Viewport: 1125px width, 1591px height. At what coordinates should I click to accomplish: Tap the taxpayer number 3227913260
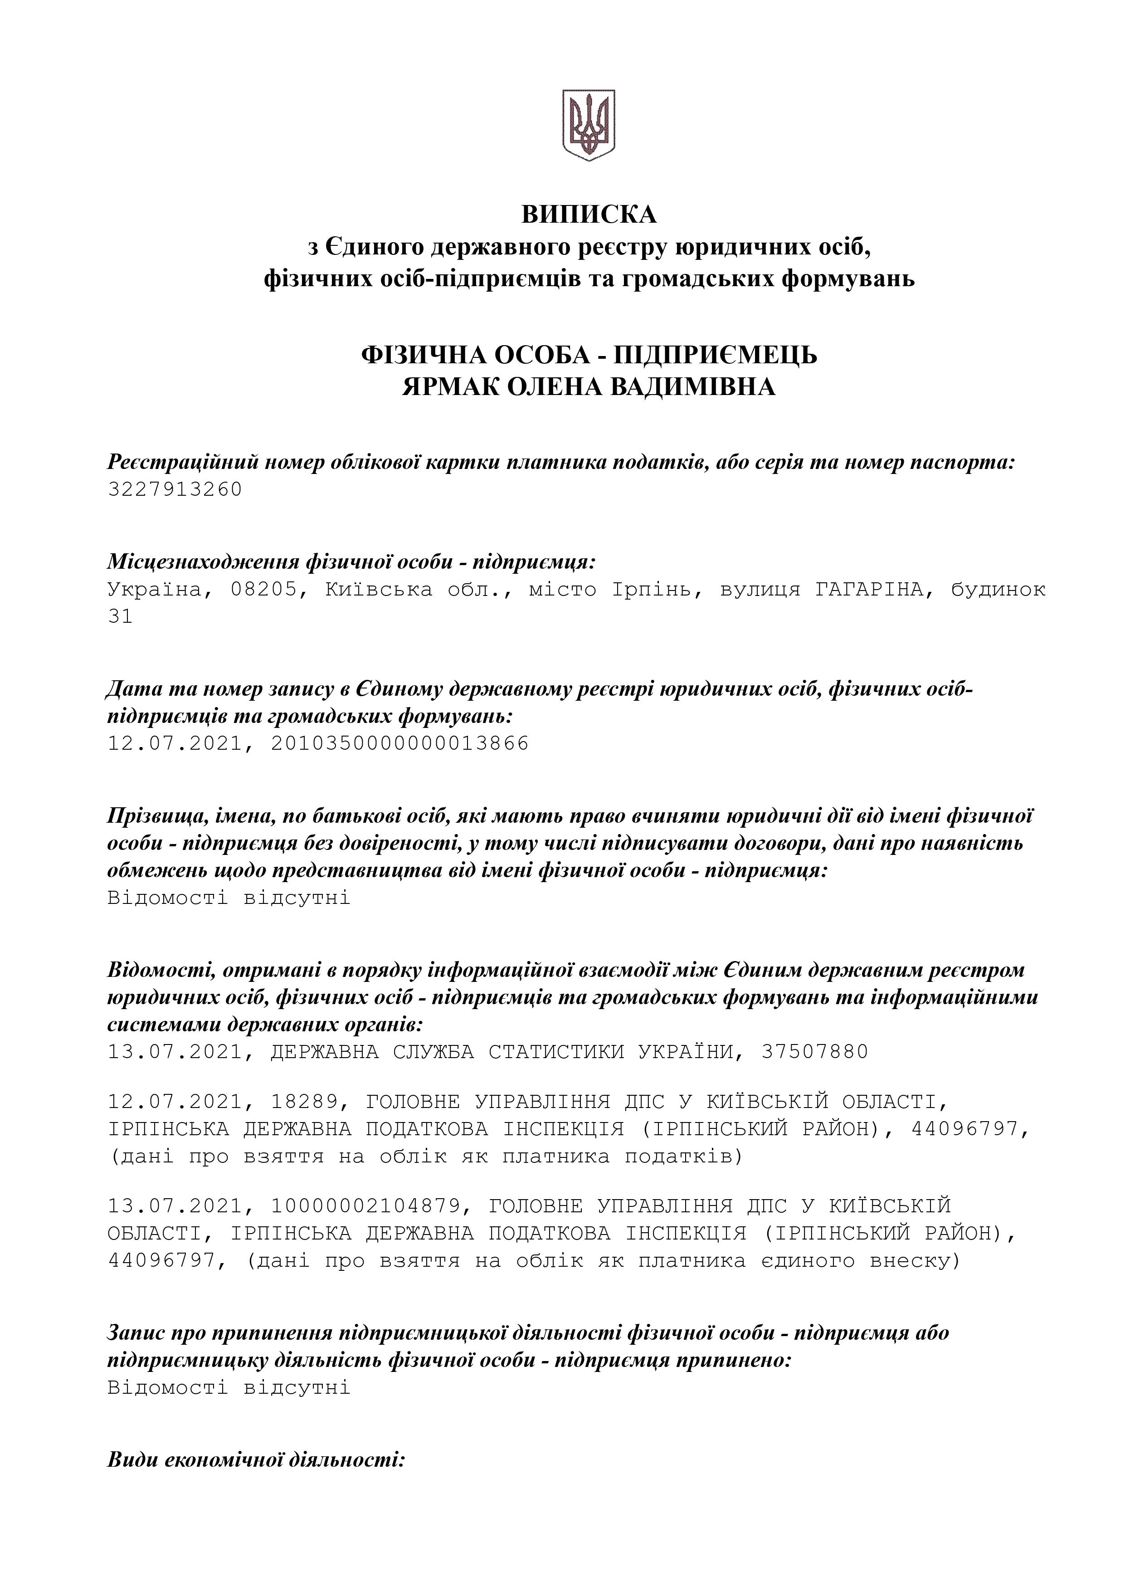(x=175, y=489)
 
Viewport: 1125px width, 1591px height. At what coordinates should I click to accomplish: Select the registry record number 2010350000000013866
(x=399, y=743)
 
